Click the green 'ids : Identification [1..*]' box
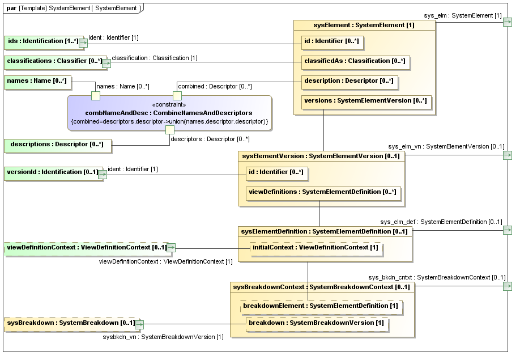42,41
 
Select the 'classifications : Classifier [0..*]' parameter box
54,61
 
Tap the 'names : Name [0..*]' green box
37,81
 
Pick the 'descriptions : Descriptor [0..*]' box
57,145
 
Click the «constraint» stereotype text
169,105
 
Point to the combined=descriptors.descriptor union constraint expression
169,122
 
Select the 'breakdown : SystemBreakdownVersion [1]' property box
316,323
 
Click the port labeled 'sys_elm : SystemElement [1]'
508,22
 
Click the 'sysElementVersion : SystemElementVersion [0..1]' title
321,156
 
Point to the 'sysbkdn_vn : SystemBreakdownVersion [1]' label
163,337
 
